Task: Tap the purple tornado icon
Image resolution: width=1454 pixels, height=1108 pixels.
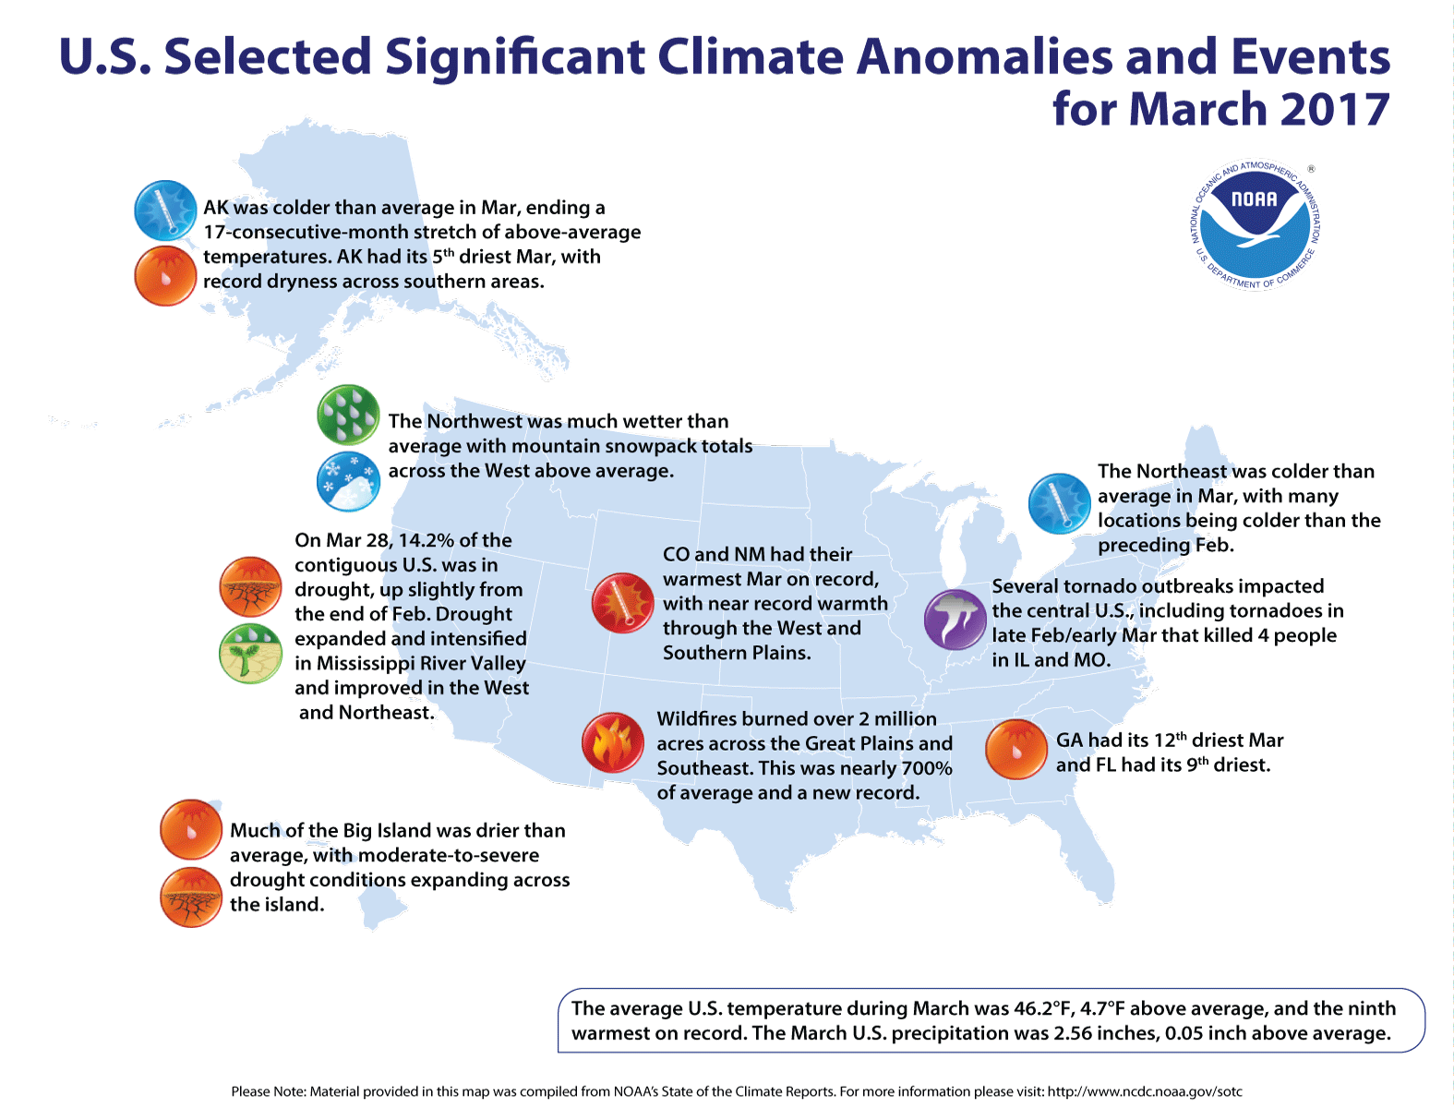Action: click(x=955, y=619)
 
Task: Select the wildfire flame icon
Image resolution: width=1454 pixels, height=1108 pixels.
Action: click(x=613, y=742)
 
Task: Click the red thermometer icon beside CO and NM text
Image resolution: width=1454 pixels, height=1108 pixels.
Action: click(x=622, y=603)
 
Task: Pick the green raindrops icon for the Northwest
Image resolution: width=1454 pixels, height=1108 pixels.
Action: click(x=348, y=415)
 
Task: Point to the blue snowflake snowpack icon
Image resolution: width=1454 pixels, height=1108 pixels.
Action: click(x=348, y=481)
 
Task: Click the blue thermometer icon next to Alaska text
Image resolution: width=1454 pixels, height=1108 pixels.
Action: click(x=166, y=211)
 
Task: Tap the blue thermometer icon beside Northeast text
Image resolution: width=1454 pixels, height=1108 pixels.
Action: click(x=1060, y=503)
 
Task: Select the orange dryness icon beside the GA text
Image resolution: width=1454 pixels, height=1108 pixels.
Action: click(x=1016, y=750)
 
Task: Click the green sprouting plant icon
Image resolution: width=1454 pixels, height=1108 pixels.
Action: click(x=250, y=653)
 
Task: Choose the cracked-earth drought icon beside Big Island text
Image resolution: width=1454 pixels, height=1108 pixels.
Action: click(x=191, y=897)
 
